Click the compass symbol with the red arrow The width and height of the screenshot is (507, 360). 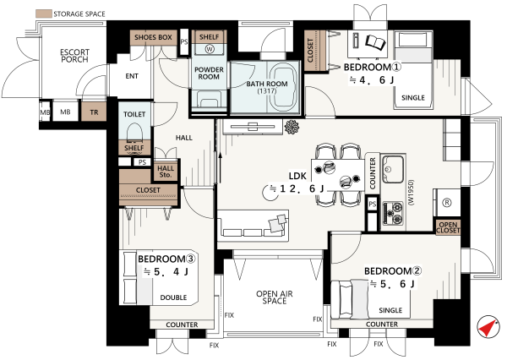[489, 327]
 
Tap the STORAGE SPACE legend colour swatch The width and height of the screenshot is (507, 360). [44, 14]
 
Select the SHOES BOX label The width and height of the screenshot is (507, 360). [153, 37]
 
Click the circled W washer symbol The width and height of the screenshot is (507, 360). [210, 49]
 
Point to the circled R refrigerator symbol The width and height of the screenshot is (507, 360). [447, 203]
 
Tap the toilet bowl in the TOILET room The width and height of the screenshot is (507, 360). [134, 134]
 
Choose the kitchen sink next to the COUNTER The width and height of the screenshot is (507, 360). [393, 169]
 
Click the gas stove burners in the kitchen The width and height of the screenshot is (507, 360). [393, 213]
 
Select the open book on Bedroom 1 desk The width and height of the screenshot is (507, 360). [376, 42]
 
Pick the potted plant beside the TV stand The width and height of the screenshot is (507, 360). [292, 127]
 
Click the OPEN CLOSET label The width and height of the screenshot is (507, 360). [448, 227]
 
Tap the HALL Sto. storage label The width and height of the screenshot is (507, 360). [166, 172]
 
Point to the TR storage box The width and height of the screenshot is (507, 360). [94, 112]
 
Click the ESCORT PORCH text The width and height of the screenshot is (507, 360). [74, 56]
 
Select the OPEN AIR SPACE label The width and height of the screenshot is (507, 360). [275, 297]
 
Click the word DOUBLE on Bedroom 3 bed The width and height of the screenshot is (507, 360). [173, 297]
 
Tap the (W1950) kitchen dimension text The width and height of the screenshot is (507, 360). [411, 192]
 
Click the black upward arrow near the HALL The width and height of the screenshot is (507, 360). [221, 167]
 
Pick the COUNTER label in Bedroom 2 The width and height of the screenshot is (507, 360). [382, 325]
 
